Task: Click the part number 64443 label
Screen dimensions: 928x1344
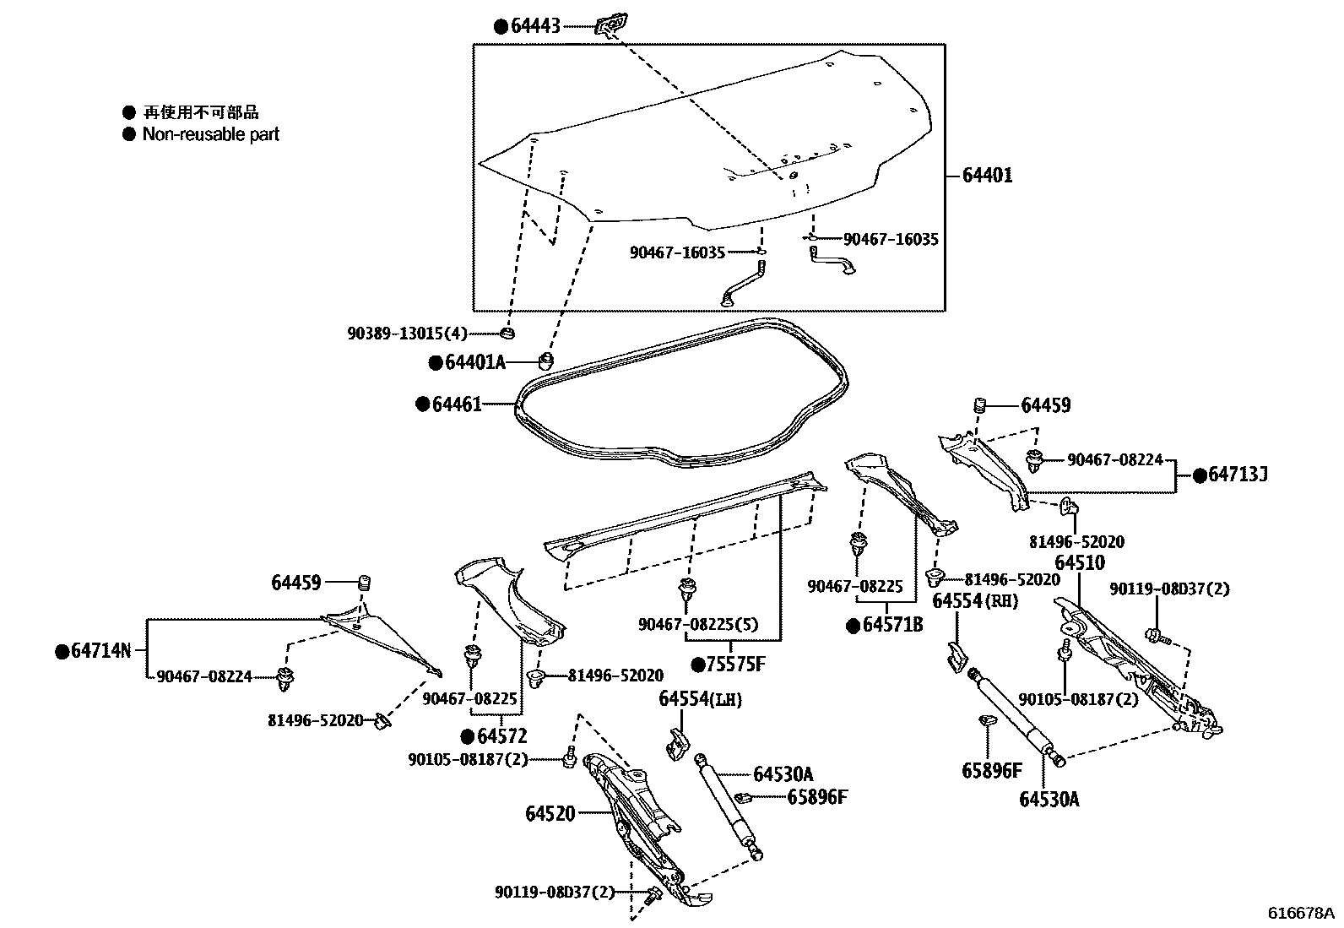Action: click(x=535, y=27)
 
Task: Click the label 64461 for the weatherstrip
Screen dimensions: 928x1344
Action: click(x=457, y=404)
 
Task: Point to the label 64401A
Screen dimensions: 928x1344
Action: click(x=474, y=363)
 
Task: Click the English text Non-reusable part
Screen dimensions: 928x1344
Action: click(x=210, y=134)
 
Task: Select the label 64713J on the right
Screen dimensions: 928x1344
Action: click(x=1237, y=475)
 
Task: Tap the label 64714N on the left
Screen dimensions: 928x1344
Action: click(x=100, y=651)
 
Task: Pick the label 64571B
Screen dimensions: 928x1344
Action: click(x=892, y=626)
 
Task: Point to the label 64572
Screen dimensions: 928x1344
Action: click(x=506, y=735)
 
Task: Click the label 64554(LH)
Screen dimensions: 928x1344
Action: click(x=700, y=698)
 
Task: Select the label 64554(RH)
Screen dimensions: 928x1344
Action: click(x=975, y=601)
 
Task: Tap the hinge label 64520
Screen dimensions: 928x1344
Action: click(x=550, y=814)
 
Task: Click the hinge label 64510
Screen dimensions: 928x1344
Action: click(x=1079, y=563)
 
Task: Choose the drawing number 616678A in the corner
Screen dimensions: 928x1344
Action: click(x=1301, y=914)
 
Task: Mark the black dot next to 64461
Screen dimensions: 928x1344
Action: click(x=422, y=404)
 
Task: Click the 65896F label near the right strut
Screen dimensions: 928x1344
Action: click(x=991, y=770)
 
